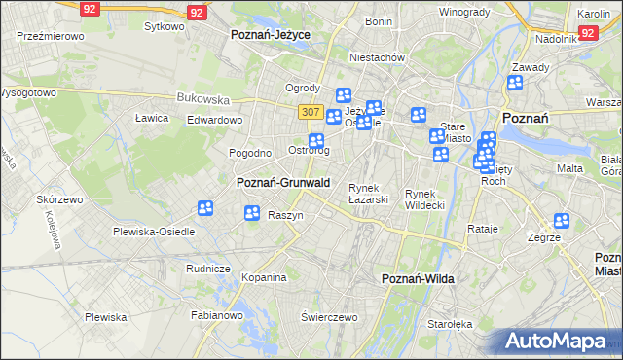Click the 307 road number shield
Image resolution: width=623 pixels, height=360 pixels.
(x=311, y=112)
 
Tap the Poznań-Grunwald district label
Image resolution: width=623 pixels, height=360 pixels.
(x=283, y=182)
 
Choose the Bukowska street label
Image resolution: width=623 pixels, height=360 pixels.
(x=202, y=98)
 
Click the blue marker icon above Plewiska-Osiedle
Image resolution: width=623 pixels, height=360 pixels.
(x=205, y=208)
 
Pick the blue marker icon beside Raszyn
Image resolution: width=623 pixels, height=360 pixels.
(x=252, y=213)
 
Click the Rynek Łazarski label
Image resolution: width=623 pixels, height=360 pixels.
(x=369, y=194)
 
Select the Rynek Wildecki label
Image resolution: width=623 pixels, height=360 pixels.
(x=424, y=199)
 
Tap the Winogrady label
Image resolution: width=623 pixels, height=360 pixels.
(x=463, y=12)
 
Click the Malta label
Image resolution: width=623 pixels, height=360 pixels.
(x=569, y=168)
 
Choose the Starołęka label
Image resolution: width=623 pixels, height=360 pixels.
(x=450, y=324)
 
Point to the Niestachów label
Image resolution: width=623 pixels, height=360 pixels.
(x=376, y=57)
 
